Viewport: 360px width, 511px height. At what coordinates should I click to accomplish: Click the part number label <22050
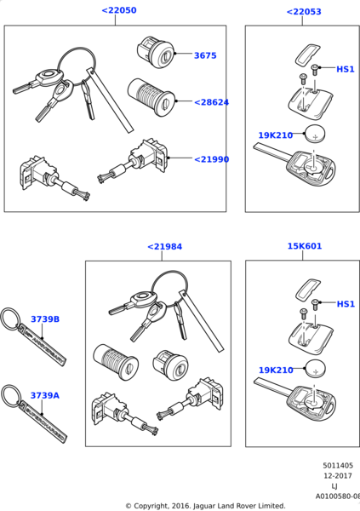coord(119,10)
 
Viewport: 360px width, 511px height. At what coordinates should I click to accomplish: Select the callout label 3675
coord(205,55)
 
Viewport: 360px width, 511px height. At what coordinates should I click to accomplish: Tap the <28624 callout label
coord(211,102)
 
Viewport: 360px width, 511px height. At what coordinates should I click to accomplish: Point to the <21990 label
coord(212,159)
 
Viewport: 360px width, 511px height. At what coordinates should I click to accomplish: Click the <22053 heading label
coord(304,12)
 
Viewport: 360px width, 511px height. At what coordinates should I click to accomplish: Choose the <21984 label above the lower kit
coord(165,247)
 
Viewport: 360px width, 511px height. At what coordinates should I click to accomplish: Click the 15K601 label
coord(305,246)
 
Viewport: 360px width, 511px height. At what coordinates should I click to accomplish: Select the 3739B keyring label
coord(45,319)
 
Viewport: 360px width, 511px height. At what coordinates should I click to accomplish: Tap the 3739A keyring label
coord(45,396)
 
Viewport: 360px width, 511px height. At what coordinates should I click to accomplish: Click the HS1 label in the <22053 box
coord(346,69)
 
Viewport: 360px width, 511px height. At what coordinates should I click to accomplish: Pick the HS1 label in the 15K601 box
coord(346,304)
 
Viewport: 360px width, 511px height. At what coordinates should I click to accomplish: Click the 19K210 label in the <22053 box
coord(276,135)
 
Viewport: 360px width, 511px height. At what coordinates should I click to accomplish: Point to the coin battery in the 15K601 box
coord(315,369)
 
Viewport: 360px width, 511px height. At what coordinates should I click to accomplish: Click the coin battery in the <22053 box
coord(315,135)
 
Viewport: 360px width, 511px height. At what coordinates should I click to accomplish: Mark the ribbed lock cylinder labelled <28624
coord(151,97)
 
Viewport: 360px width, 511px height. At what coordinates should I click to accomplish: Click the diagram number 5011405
coord(338,465)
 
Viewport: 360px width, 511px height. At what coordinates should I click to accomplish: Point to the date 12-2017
coord(338,476)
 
